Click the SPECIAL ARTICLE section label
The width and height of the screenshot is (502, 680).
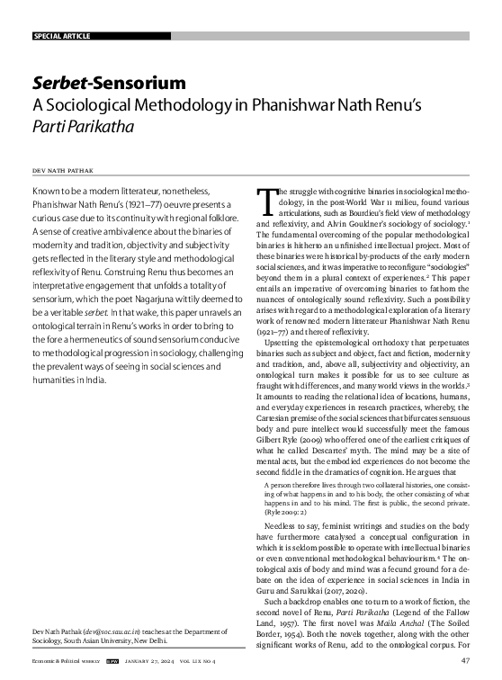[x=64, y=36]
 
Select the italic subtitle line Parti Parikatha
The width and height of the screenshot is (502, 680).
[x=83, y=127]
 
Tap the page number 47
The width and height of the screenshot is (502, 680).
[x=464, y=661]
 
